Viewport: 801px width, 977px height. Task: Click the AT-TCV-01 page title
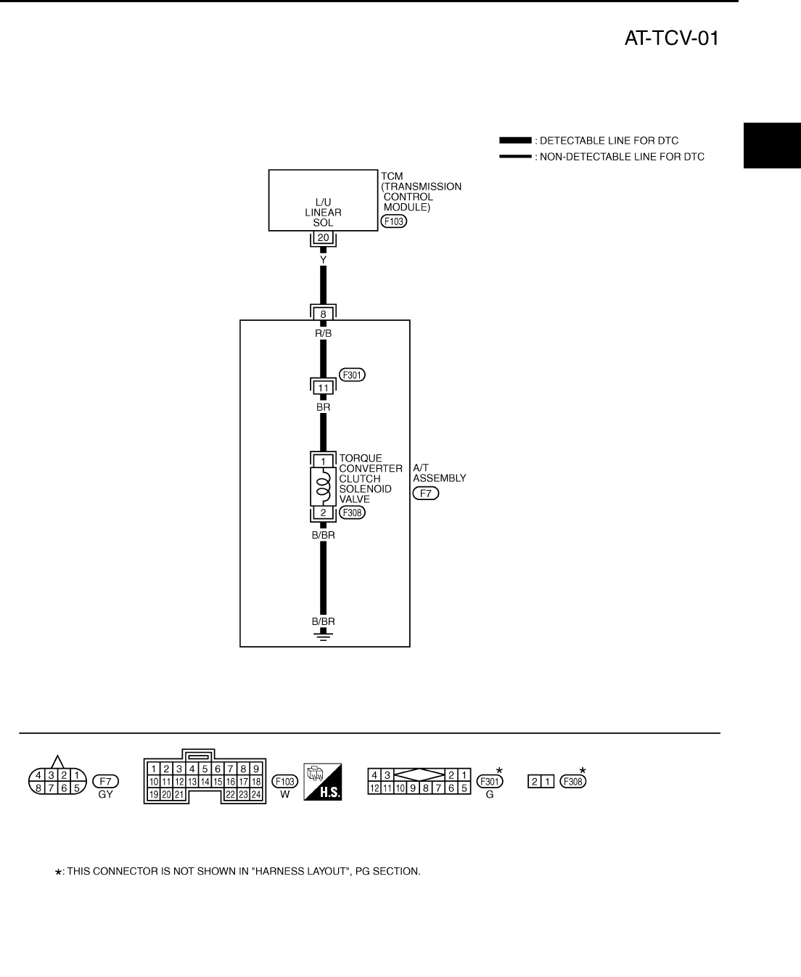(x=671, y=38)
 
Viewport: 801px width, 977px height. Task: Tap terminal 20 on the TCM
(x=324, y=237)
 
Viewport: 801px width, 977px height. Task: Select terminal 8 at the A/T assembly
(x=324, y=314)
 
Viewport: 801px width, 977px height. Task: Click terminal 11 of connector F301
(x=324, y=388)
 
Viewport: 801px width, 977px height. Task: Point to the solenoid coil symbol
(x=324, y=486)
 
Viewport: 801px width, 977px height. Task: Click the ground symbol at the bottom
(x=324, y=637)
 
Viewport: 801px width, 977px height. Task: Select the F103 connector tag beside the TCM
(x=393, y=221)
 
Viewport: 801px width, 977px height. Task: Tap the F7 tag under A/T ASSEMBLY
(x=426, y=494)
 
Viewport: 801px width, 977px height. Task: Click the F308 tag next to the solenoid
(x=353, y=512)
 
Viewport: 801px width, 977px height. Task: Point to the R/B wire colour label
(x=324, y=333)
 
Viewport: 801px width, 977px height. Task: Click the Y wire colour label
(x=324, y=258)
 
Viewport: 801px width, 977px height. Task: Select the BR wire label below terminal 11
(x=324, y=407)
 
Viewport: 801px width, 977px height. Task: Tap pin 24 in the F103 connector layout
(x=256, y=795)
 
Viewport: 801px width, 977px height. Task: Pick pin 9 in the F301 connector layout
(x=412, y=788)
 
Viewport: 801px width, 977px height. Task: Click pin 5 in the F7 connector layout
(x=75, y=788)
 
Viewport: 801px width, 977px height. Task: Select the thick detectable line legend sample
(x=515, y=140)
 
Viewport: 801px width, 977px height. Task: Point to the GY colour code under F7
(x=106, y=795)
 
